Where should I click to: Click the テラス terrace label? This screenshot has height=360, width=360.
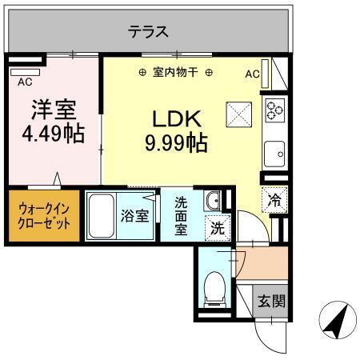click(150, 32)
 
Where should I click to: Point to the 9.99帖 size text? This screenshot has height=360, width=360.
click(176, 143)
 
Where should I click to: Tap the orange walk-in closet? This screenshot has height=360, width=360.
click(44, 214)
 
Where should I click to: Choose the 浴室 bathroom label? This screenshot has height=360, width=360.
click(134, 215)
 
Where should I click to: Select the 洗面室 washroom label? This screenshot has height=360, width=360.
click(182, 216)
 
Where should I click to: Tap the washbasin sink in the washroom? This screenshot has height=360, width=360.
click(214, 201)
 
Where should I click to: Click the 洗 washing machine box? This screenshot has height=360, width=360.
click(218, 226)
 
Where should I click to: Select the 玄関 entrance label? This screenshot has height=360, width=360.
click(270, 302)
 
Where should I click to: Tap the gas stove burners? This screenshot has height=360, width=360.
click(274, 109)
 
